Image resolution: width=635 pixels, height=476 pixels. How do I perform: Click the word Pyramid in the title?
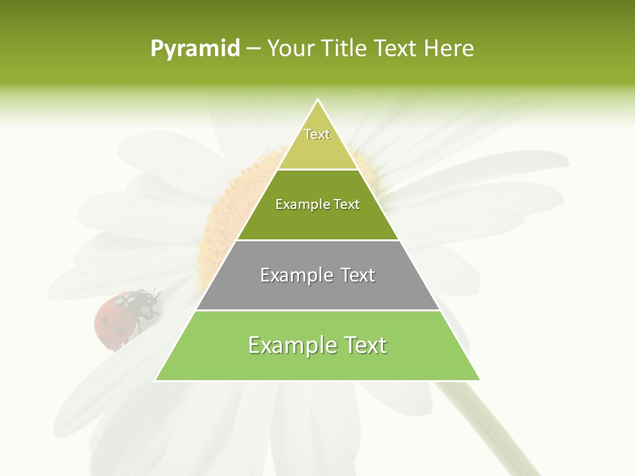click(x=194, y=48)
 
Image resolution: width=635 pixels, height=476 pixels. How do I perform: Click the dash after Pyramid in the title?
click(x=253, y=49)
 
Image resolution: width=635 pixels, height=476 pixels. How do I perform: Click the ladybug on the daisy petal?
click(x=126, y=316)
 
